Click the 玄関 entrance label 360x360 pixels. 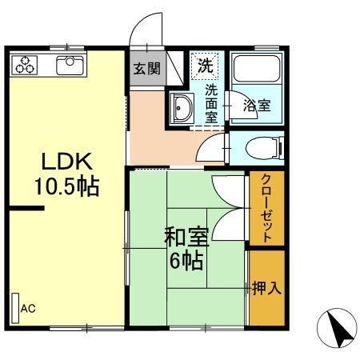click(146, 67)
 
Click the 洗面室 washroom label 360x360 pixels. click(211, 102)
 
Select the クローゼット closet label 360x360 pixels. click(266, 208)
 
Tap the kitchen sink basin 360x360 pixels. click(70, 63)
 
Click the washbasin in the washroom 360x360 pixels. click(181, 106)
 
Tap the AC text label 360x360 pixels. click(28, 308)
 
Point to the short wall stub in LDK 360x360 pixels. click(26, 210)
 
